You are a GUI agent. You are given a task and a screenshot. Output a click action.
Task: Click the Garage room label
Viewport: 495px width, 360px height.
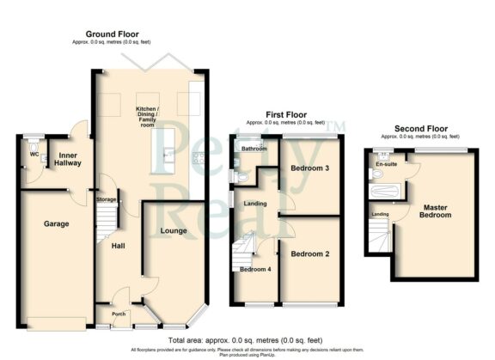pyautogui.click(x=56, y=224)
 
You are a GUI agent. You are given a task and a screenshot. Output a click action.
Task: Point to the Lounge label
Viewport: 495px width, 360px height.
pyautogui.click(x=174, y=231)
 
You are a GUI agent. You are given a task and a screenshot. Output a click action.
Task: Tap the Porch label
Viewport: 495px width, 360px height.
pyautogui.click(x=119, y=313)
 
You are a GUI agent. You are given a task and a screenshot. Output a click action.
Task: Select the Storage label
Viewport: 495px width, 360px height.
pyautogui.click(x=106, y=199)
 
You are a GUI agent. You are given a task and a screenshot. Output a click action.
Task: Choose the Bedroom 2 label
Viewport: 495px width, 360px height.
pyautogui.click(x=309, y=254)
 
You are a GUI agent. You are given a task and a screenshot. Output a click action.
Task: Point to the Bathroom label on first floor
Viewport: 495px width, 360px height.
pyautogui.click(x=253, y=149)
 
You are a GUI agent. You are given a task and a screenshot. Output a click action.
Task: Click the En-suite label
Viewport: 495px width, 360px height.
pyautogui.click(x=384, y=163)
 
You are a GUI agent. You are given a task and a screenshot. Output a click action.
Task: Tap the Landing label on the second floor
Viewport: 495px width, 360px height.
pyautogui.click(x=379, y=213)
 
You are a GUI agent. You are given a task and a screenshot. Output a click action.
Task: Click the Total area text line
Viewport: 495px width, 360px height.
pyautogui.click(x=247, y=341)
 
